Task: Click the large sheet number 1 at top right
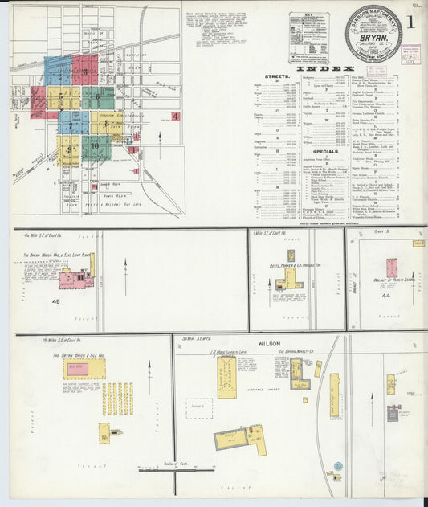coord(410,22)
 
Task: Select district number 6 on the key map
coord(97,97)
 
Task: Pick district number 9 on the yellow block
coord(69,149)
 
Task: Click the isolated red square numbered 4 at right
coord(175,116)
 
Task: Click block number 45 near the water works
coord(55,301)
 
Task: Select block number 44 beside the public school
coord(385,296)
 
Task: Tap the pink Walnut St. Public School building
coord(391,268)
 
